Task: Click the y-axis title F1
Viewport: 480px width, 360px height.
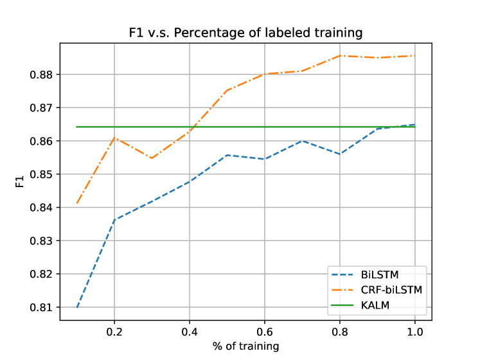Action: click(x=20, y=182)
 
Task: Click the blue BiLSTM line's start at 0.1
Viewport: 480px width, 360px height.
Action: click(x=77, y=307)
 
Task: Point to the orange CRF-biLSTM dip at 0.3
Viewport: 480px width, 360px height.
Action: click(x=152, y=158)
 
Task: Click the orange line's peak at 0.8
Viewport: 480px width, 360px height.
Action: click(x=340, y=55)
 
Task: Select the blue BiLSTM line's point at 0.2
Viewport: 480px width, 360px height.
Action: click(x=114, y=220)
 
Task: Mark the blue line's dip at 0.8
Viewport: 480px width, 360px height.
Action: click(x=340, y=154)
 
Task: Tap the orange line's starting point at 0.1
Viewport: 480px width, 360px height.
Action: click(x=77, y=203)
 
